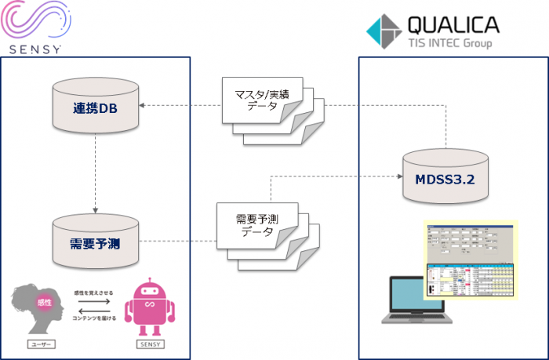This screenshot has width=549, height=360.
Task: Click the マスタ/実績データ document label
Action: pos(257,100)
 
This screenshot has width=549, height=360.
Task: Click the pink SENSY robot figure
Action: pos(149,304)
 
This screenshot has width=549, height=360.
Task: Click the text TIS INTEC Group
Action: pos(449,43)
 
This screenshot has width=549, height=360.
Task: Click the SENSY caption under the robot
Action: pos(148,344)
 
